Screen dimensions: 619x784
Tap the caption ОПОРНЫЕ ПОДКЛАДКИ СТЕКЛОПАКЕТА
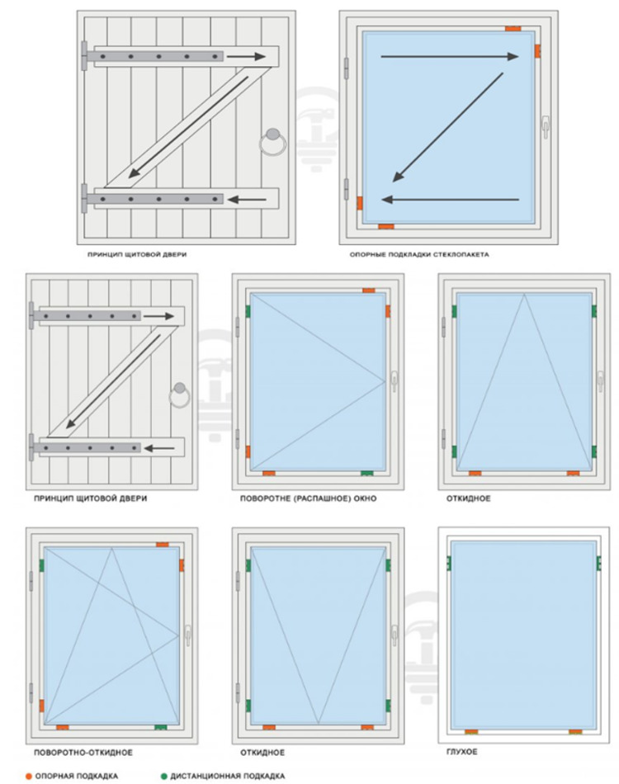(x=419, y=254)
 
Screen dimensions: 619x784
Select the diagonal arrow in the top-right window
(x=448, y=127)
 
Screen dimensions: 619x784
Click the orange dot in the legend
(x=29, y=776)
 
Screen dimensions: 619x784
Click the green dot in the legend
(x=163, y=776)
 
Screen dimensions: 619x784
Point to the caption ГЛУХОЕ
(x=461, y=752)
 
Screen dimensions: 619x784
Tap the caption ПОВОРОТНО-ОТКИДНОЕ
(x=83, y=752)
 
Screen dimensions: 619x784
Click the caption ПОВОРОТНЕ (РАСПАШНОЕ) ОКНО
(x=308, y=498)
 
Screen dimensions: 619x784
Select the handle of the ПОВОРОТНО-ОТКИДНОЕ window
(x=188, y=635)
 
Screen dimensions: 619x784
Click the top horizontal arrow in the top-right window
(x=450, y=56)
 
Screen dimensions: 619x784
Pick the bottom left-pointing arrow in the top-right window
(x=451, y=200)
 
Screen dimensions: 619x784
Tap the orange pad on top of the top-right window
(x=513, y=29)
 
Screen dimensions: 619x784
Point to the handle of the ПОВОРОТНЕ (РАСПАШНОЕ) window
(x=395, y=380)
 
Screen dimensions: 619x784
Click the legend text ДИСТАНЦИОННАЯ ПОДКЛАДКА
(x=228, y=776)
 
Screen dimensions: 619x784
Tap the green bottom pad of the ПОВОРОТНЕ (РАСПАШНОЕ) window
(x=367, y=473)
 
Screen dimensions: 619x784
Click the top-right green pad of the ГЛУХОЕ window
(x=598, y=564)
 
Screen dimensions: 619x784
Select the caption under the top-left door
(x=137, y=254)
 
